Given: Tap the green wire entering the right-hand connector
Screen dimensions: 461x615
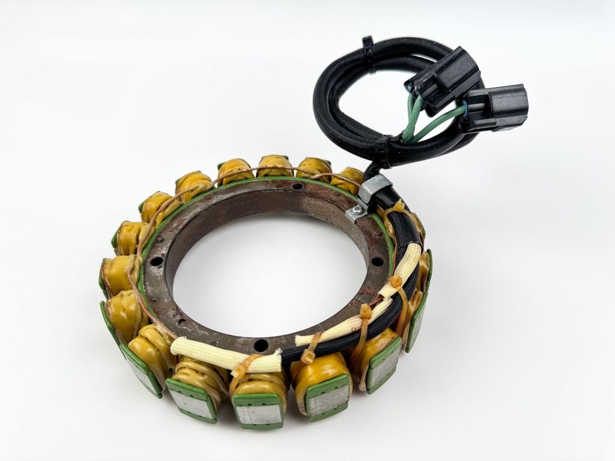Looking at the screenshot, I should (441, 123).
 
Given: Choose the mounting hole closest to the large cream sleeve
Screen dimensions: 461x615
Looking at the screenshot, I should (261, 345).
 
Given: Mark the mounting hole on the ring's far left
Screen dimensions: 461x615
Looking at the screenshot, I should (156, 262).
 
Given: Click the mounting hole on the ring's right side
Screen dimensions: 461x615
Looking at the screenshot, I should (377, 261).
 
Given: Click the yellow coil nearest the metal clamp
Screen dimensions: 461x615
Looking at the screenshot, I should (347, 179).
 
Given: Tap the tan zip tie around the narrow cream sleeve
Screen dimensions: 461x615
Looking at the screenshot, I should (396, 282).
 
